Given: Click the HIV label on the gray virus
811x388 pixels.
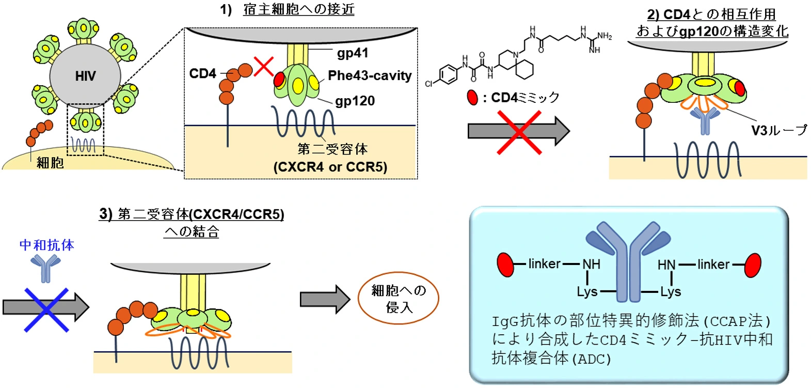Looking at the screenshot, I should tap(85, 76).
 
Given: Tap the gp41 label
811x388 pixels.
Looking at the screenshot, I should tap(353, 53).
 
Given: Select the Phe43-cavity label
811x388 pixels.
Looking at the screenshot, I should tap(370, 76).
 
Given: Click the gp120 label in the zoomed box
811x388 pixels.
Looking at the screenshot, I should tap(355, 101).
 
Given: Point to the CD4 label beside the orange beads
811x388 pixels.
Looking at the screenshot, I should tap(202, 74).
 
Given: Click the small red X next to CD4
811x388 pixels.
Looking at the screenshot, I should tap(264, 67).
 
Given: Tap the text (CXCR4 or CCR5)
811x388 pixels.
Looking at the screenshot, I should tap(330, 167).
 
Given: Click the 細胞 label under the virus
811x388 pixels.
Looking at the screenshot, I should tap(50, 163).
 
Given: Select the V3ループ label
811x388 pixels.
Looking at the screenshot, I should tap(778, 131).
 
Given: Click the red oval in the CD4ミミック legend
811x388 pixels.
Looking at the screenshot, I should tap(472, 98).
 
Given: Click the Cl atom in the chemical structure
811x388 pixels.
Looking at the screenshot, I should tap(428, 84).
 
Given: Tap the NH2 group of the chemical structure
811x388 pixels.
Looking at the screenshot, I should tap(605, 36).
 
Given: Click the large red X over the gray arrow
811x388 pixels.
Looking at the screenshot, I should tap(519, 133).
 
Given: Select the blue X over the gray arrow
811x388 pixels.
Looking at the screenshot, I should tap(46, 309).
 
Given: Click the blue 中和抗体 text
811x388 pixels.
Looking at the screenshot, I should tap(47, 245).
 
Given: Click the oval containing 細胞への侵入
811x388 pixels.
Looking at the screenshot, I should tap(399, 299).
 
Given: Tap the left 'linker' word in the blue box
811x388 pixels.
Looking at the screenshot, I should tap(544, 264).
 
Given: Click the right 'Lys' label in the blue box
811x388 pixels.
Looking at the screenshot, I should tap(670, 292).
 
